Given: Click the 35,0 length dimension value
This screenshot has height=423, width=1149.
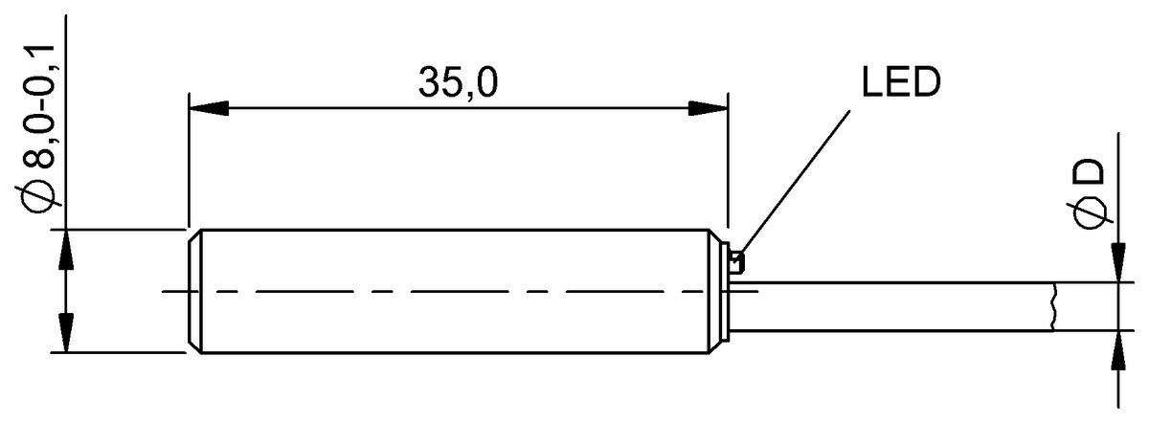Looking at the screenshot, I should click(458, 84).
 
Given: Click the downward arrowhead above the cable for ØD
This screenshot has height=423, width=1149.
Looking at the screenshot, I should click(1117, 263).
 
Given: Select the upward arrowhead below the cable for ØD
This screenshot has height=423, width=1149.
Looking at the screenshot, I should click(1117, 350).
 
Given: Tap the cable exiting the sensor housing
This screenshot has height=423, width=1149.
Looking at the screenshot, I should click(890, 306).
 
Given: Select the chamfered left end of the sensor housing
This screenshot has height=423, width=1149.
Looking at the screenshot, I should click(194, 291).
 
